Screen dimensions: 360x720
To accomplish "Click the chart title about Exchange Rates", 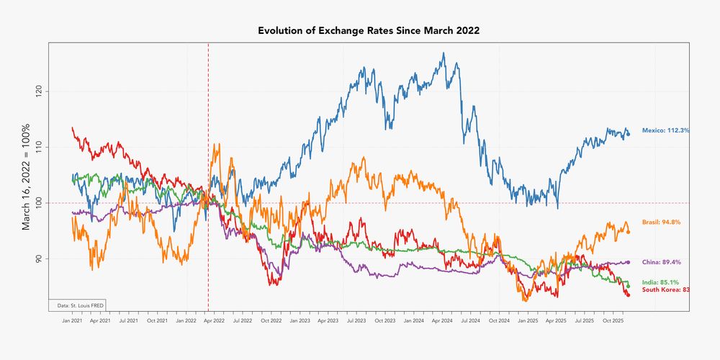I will tap(368, 31).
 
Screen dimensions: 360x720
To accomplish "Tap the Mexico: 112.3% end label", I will tap(666, 130).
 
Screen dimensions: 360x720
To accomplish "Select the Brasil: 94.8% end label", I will tap(661, 222).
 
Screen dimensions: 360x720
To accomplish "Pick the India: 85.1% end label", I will tap(661, 282).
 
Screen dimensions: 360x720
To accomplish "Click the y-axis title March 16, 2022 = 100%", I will tap(26, 176).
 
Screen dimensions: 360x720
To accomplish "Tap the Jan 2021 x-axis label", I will tap(71, 318).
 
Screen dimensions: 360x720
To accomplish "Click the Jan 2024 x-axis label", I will tap(413, 318).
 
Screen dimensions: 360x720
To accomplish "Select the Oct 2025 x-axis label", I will tap(613, 318).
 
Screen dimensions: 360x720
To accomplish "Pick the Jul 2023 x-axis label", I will tap(356, 318).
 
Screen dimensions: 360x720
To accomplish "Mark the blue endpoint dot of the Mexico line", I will tap(629, 134).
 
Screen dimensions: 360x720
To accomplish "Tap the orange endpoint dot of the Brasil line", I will tap(629, 232).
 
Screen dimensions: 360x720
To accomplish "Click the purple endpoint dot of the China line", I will tap(629, 262).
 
